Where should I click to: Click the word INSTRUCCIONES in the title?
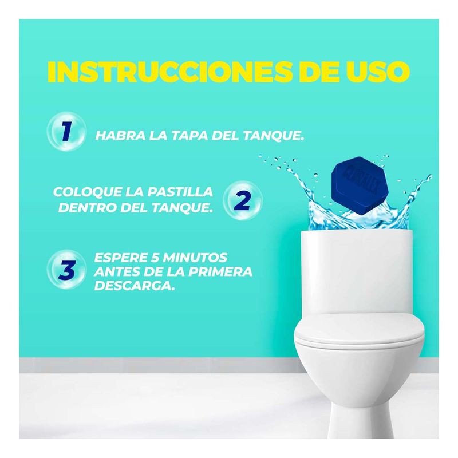pyautogui.click(x=169, y=72)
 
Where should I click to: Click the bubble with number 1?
pyautogui.click(x=66, y=131)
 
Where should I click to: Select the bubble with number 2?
pyautogui.click(x=242, y=200)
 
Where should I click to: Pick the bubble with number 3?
pyautogui.click(x=66, y=269)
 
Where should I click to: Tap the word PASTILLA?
pyautogui.click(x=180, y=192)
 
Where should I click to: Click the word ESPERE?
pyautogui.click(x=121, y=257)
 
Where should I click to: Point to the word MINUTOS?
pyautogui.click(x=195, y=257)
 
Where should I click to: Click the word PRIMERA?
pyautogui.click(x=220, y=271)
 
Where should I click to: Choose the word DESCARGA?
pyautogui.click(x=135, y=285)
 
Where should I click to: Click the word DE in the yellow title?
pyautogui.click(x=317, y=72)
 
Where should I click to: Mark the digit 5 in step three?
pyautogui.click(x=155, y=257)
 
